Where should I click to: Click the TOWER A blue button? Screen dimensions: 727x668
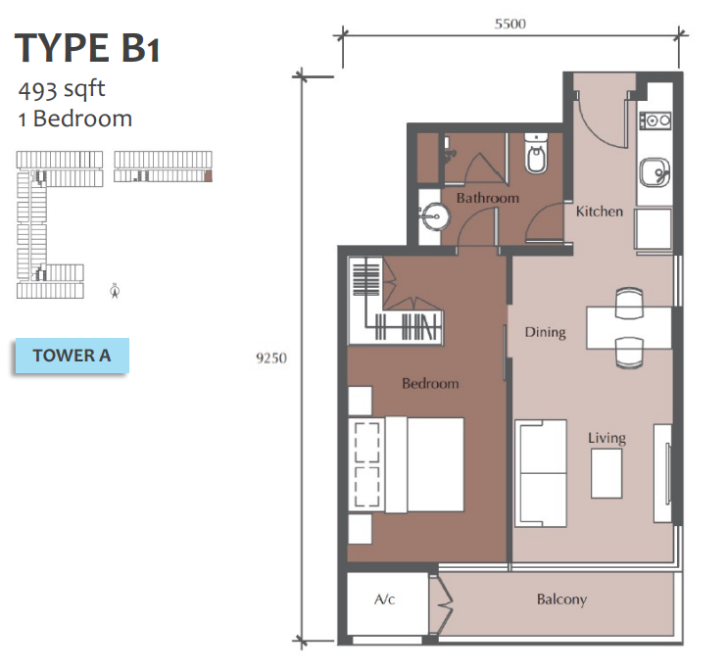(x=72, y=356)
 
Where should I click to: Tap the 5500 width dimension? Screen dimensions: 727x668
(x=510, y=24)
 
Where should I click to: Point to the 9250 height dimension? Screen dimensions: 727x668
(x=271, y=358)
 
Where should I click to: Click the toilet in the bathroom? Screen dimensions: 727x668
(x=537, y=154)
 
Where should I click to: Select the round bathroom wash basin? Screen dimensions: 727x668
(x=435, y=216)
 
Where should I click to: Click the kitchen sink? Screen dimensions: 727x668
(x=654, y=172)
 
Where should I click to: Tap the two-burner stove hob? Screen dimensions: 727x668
(x=655, y=121)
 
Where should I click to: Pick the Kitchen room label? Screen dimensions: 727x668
(x=599, y=212)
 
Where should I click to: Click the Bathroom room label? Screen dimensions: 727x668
(x=487, y=198)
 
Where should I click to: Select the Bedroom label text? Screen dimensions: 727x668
(x=430, y=383)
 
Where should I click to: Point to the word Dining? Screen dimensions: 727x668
(x=545, y=332)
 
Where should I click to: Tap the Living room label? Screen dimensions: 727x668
(x=606, y=438)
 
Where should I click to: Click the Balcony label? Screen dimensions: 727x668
(x=561, y=599)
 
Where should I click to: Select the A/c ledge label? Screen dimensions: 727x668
(x=384, y=599)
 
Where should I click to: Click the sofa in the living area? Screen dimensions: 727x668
(x=541, y=473)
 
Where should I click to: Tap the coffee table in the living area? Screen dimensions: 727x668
(x=606, y=474)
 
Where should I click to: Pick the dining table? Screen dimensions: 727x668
(x=629, y=327)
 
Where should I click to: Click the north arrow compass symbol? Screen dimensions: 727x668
(x=115, y=290)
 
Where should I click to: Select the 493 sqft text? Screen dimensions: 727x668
(x=62, y=90)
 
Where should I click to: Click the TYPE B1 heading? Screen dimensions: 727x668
(x=87, y=48)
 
